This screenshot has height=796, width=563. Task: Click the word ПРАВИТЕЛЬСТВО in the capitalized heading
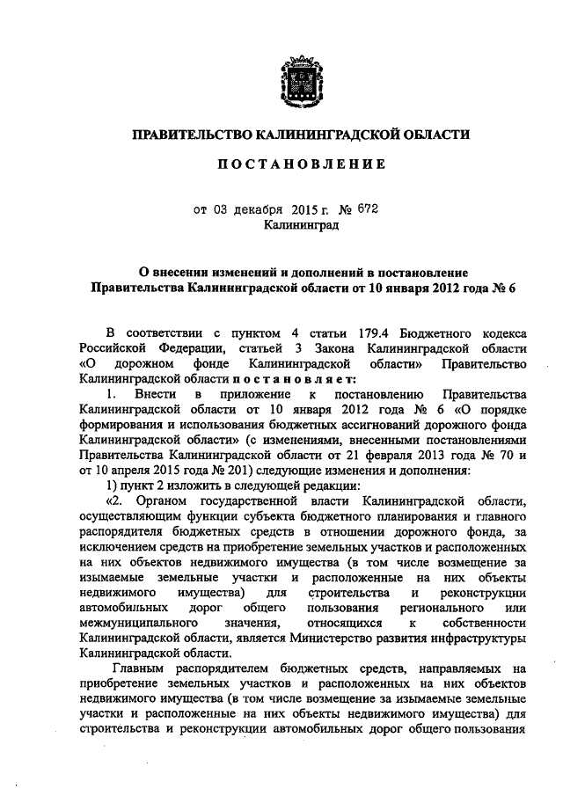click(x=188, y=135)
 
